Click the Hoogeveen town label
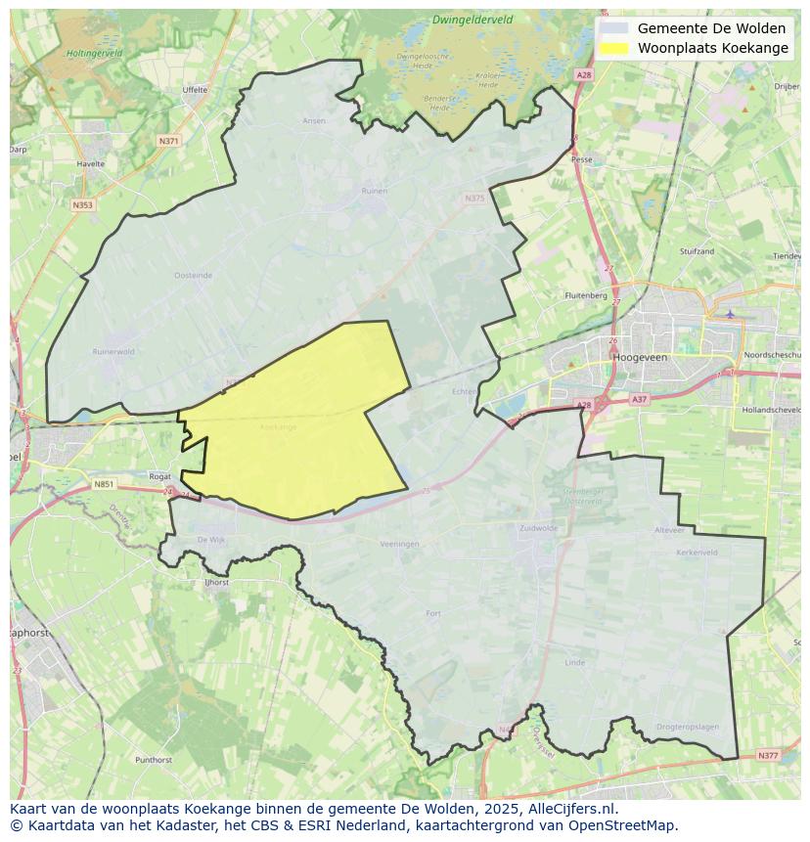639,358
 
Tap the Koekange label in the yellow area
278,427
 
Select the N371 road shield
168,141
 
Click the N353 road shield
82,204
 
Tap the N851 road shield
104,484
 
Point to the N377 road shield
768,755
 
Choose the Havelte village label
90,164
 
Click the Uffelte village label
195,90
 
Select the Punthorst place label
155,759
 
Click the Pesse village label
581,158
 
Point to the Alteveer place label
669,530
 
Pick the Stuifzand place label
697,251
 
